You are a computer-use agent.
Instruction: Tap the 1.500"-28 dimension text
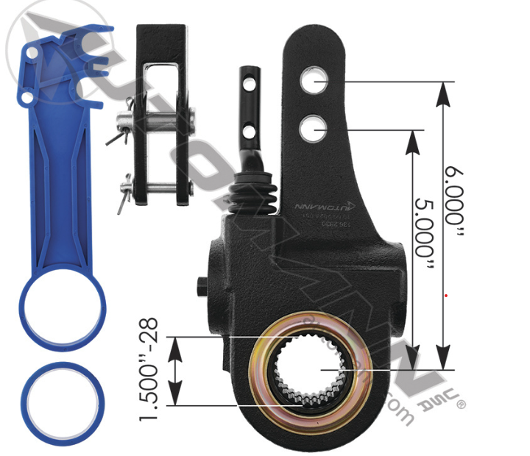[150, 370]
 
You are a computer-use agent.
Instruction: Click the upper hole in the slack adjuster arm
[314, 82]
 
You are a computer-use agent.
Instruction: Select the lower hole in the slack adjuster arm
[313, 130]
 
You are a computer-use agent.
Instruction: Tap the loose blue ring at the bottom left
[62, 402]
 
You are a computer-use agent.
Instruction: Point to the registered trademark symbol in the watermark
[462, 403]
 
